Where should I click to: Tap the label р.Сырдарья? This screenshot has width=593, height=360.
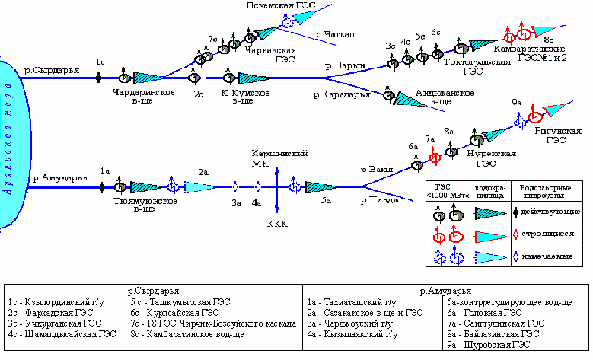coord(53,70)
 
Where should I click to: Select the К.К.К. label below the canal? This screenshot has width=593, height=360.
coord(276,225)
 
